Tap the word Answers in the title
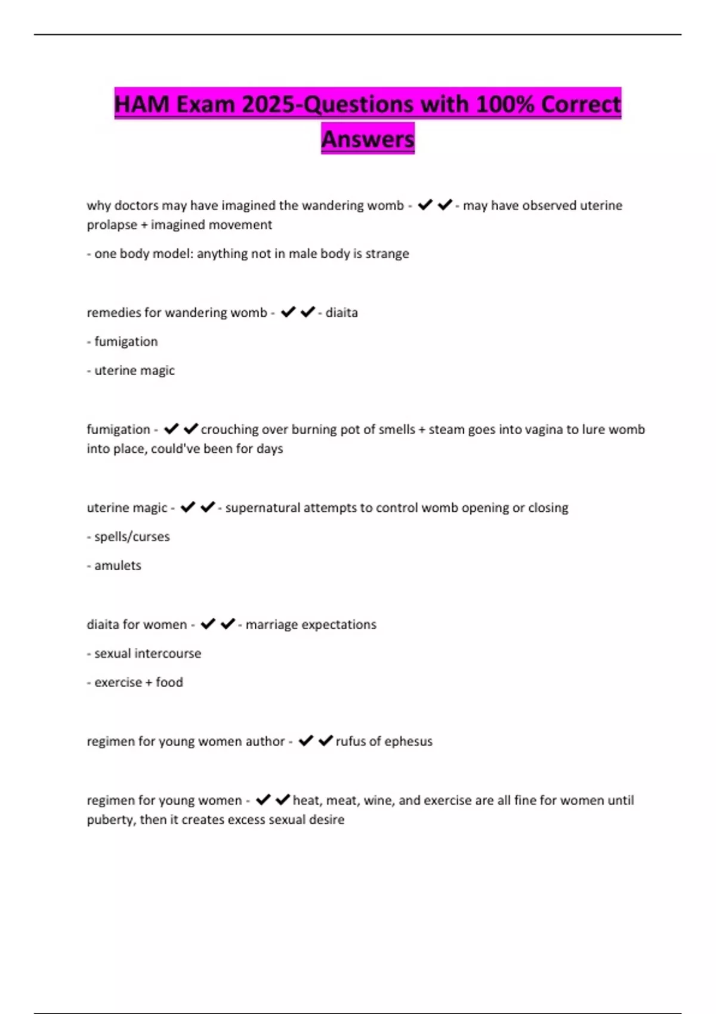[368, 139]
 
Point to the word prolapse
[112, 225]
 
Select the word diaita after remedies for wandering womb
[341, 313]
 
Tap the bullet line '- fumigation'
[122, 342]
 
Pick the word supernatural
[262, 508]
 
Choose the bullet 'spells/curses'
[131, 537]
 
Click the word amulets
[118, 565]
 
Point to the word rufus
[350, 741]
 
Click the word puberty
[111, 820]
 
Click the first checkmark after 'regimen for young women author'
[306, 741]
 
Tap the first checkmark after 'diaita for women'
[208, 624]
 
